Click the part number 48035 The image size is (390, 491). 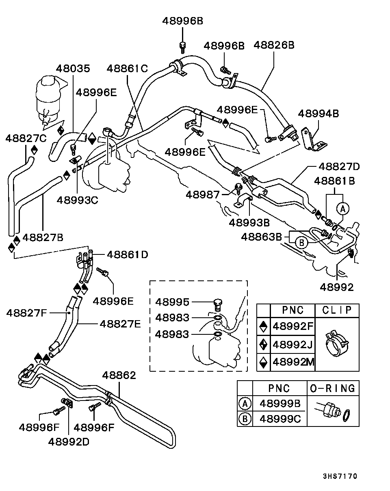[73, 68]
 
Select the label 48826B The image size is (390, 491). [274, 44]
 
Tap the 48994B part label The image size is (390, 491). [318, 113]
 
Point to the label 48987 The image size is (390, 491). [203, 195]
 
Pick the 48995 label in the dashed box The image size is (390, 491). [172, 302]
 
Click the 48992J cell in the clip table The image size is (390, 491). [293, 345]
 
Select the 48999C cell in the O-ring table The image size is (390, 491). [280, 418]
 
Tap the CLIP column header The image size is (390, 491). [337, 310]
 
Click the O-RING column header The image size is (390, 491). [333, 388]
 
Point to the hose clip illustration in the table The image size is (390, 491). [337, 344]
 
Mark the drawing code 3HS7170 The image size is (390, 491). [340, 476]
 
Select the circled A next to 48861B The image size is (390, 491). [343, 209]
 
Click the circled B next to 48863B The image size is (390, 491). [301, 243]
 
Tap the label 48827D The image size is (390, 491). [339, 166]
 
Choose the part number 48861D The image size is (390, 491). [128, 254]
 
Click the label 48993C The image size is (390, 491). [78, 200]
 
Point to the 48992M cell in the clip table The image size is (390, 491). [293, 361]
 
